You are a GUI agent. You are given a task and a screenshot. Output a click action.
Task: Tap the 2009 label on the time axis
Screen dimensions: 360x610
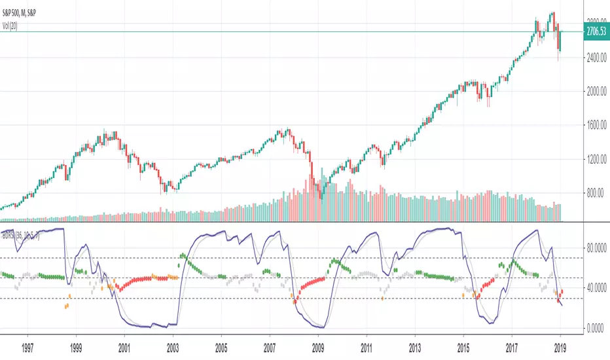tap(318, 344)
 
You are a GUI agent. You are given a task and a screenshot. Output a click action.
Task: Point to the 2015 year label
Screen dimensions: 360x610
tap(463, 344)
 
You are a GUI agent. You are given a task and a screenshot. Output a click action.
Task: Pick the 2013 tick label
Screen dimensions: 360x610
tap(415, 344)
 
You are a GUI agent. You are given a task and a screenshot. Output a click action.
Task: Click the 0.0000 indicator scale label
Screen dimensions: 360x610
tap(594, 328)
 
